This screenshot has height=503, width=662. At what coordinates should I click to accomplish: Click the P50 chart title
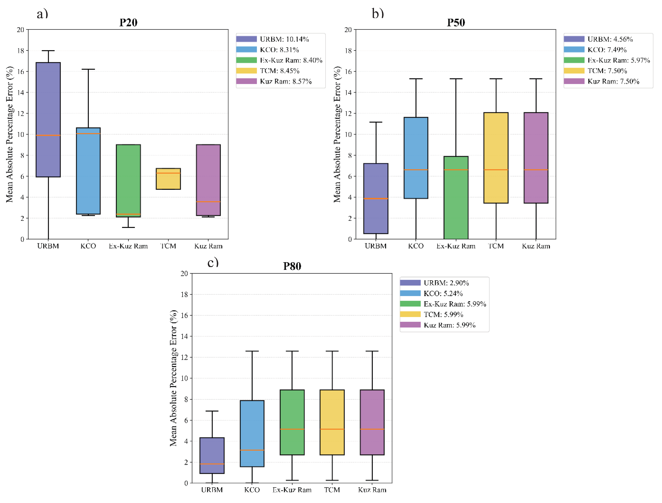click(x=456, y=23)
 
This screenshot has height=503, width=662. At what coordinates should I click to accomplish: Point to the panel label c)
click(x=213, y=262)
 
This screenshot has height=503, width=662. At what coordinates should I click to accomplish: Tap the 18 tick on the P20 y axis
click(x=20, y=51)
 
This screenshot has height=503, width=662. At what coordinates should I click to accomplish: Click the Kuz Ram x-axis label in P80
click(x=372, y=490)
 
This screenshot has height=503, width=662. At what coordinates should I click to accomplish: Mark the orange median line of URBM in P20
click(x=48, y=135)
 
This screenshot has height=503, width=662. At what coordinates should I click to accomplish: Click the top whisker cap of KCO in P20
click(x=88, y=69)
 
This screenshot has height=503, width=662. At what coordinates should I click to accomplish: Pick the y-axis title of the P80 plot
click(x=173, y=378)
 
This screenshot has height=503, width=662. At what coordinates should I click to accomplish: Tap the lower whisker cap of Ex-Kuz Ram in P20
click(x=128, y=227)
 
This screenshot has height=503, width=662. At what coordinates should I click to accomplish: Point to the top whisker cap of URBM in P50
click(x=376, y=122)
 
